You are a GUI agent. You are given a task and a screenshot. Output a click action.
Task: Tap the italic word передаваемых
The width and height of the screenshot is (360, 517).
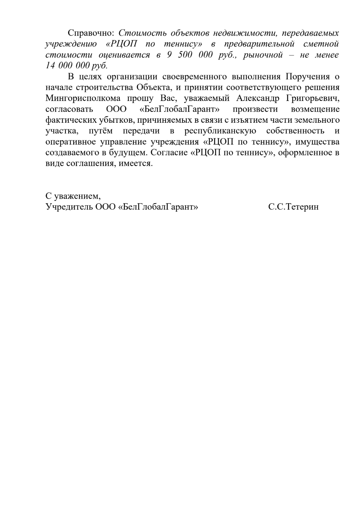pyautogui.click(x=310, y=33)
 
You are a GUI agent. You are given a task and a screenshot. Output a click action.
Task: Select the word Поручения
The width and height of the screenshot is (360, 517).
pyautogui.click(x=308, y=77)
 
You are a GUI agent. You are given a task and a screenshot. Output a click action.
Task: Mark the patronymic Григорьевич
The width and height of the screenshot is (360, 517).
pyautogui.click(x=313, y=98)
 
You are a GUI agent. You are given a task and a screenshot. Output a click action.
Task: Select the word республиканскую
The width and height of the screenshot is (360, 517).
pyautogui.click(x=220, y=131)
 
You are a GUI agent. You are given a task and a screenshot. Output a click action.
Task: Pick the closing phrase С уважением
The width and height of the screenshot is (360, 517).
pyautogui.click(x=73, y=196)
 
